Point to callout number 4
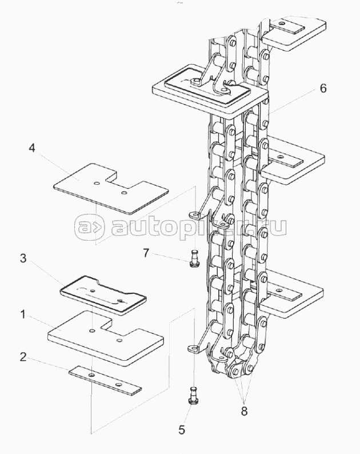click(32, 149)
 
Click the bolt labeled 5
click(193, 397)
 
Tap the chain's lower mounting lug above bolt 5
click(193, 347)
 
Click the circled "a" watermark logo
click(89, 228)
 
